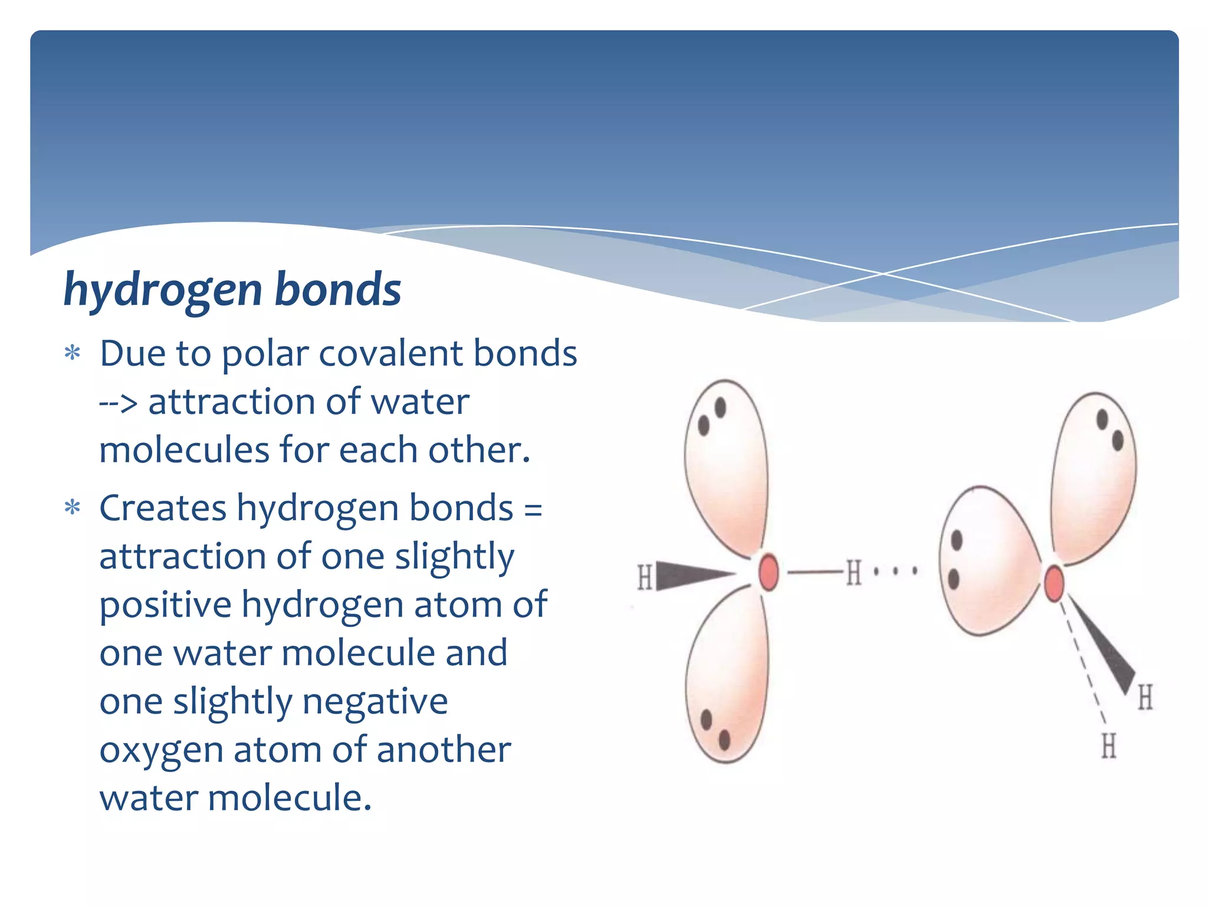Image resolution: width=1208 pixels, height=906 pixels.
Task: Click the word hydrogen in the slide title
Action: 162,290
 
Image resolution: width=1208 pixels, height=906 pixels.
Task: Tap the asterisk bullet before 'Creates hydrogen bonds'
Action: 72,508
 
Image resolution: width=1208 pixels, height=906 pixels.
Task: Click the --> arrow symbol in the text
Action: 118,403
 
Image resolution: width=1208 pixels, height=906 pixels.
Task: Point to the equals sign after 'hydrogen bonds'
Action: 533,510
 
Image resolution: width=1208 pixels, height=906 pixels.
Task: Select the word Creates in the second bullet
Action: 163,508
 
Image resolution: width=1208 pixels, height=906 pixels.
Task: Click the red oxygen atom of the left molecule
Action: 768,572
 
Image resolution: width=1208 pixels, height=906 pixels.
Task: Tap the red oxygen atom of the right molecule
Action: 1054,583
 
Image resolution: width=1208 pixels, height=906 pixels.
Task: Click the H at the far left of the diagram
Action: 645,577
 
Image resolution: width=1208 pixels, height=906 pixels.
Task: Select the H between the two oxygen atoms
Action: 854,572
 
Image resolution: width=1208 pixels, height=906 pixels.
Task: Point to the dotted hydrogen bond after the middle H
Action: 895,571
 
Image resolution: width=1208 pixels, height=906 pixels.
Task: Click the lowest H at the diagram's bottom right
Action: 1109,746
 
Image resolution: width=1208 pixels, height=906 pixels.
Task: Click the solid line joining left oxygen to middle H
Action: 814,572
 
